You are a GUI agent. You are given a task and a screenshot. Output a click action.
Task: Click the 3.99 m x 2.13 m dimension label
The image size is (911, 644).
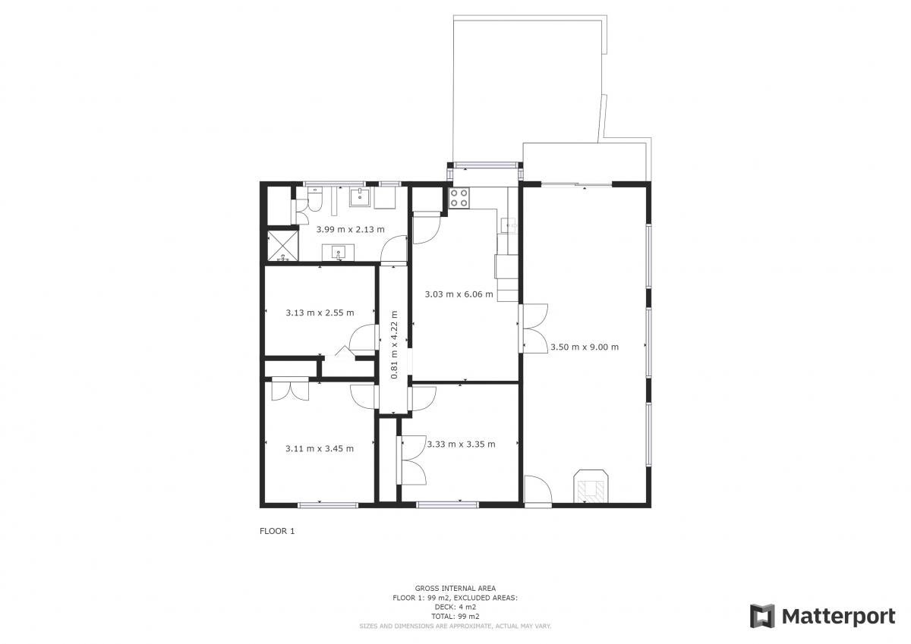pyautogui.click(x=350, y=230)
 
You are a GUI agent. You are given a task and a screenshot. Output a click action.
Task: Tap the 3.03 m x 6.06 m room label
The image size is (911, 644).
pyautogui.click(x=459, y=294)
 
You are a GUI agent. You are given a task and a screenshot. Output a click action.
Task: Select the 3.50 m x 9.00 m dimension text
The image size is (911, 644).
pyautogui.click(x=585, y=347)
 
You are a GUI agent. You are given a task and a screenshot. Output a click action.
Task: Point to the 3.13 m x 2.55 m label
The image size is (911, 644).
pyautogui.click(x=320, y=313)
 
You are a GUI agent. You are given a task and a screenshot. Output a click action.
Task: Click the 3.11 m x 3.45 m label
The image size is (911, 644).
pyautogui.click(x=320, y=448)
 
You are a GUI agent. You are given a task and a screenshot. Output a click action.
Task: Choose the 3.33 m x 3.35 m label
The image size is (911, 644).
pyautogui.click(x=462, y=444)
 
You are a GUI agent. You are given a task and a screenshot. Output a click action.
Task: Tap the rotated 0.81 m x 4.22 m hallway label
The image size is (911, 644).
pyautogui.click(x=394, y=344)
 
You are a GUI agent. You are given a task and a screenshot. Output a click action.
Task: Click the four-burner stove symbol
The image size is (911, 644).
pyautogui.click(x=459, y=198)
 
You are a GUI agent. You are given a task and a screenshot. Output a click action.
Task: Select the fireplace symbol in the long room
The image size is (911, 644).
pyautogui.click(x=591, y=487)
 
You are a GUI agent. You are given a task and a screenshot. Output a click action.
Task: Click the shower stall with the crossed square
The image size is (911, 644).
pyautogui.click(x=282, y=246)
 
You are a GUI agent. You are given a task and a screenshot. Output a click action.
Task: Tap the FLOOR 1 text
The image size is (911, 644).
pyautogui.click(x=277, y=531)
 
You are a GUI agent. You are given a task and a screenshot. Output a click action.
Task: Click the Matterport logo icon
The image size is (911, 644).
pyautogui.click(x=761, y=617)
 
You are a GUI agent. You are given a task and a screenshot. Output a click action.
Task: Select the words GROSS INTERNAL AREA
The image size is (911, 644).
pyautogui.click(x=455, y=588)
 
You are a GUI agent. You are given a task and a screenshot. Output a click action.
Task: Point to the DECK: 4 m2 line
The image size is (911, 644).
pyautogui.click(x=455, y=607)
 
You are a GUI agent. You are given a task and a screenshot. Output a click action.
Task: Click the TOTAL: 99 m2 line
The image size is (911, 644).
pyautogui.click(x=455, y=617)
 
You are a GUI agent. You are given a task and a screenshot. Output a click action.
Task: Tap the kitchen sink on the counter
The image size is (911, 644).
pyautogui.click(x=509, y=225)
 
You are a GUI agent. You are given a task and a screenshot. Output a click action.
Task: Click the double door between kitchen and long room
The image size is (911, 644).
pyautogui.click(x=534, y=328)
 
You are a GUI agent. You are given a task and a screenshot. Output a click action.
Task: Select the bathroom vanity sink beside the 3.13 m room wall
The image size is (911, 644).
pyautogui.click(x=339, y=253)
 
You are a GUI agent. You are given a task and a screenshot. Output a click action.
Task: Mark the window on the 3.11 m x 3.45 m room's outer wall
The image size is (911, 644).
pyautogui.click(x=328, y=505)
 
